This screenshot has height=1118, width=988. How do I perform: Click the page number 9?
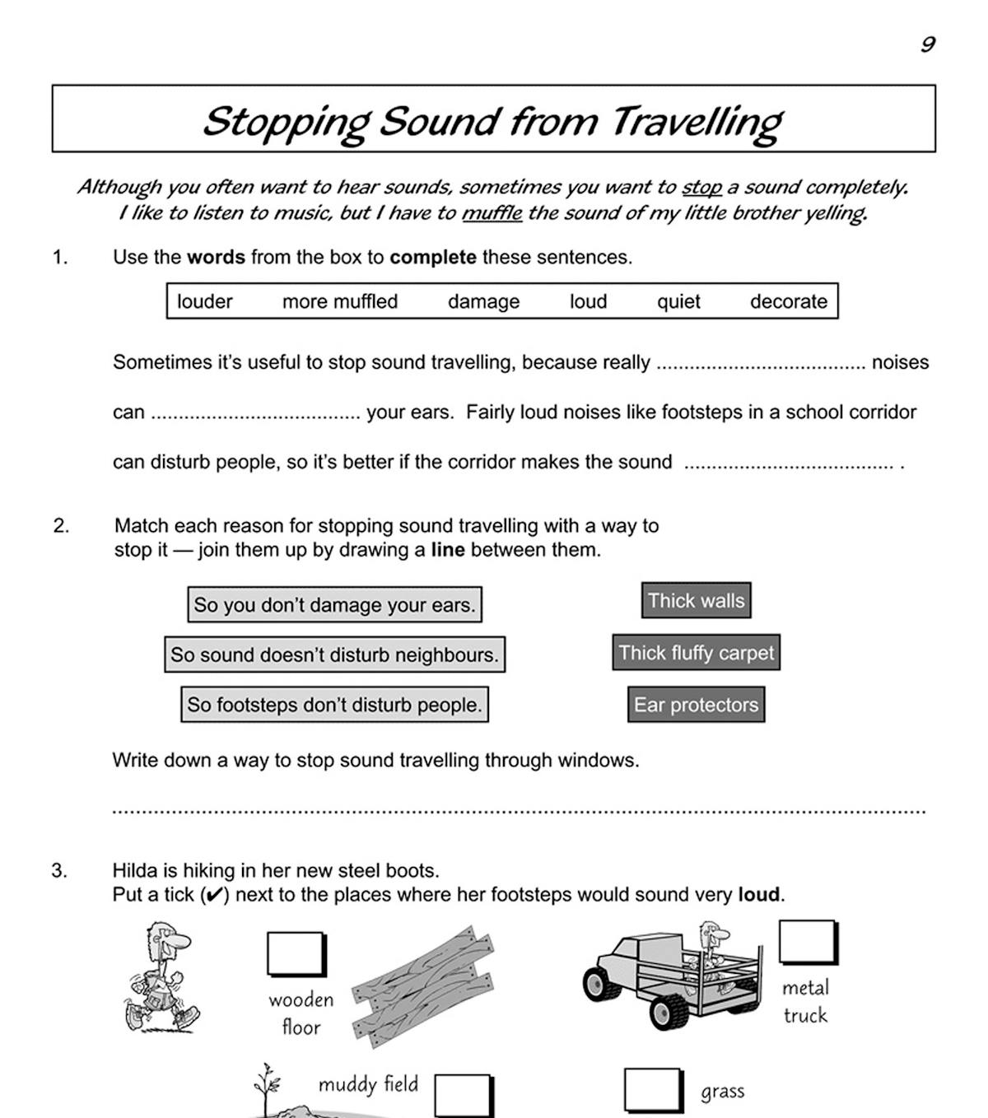pyautogui.click(x=928, y=44)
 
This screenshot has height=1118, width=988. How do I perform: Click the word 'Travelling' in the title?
pyautogui.click(x=696, y=122)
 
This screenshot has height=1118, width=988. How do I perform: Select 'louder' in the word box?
pyautogui.click(x=204, y=302)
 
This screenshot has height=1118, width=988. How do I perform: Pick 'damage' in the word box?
pyautogui.click(x=483, y=302)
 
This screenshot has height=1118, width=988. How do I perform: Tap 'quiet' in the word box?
pyautogui.click(x=678, y=302)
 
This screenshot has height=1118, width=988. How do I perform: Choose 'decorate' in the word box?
pyautogui.click(x=788, y=302)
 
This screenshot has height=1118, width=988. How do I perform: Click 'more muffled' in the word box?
pyautogui.click(x=340, y=302)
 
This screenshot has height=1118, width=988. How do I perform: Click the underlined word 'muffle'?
pyautogui.click(x=492, y=213)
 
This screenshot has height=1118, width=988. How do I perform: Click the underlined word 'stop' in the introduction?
pyautogui.click(x=701, y=188)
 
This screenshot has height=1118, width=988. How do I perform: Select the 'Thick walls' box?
pyautogui.click(x=696, y=601)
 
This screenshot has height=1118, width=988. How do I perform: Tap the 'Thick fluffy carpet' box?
pyautogui.click(x=696, y=653)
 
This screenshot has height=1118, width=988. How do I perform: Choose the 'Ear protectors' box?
pyautogui.click(x=696, y=705)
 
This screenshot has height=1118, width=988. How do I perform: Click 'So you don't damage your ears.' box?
pyautogui.click(x=334, y=605)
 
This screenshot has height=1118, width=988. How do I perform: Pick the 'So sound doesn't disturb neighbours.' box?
pyautogui.click(x=334, y=655)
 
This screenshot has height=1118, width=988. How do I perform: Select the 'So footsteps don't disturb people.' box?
pyautogui.click(x=334, y=706)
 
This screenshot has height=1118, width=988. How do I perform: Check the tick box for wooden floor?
pyautogui.click(x=296, y=954)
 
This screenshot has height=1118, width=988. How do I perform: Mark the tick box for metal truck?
pyautogui.click(x=807, y=942)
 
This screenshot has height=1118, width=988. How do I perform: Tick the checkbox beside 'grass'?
pyautogui.click(x=653, y=1090)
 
